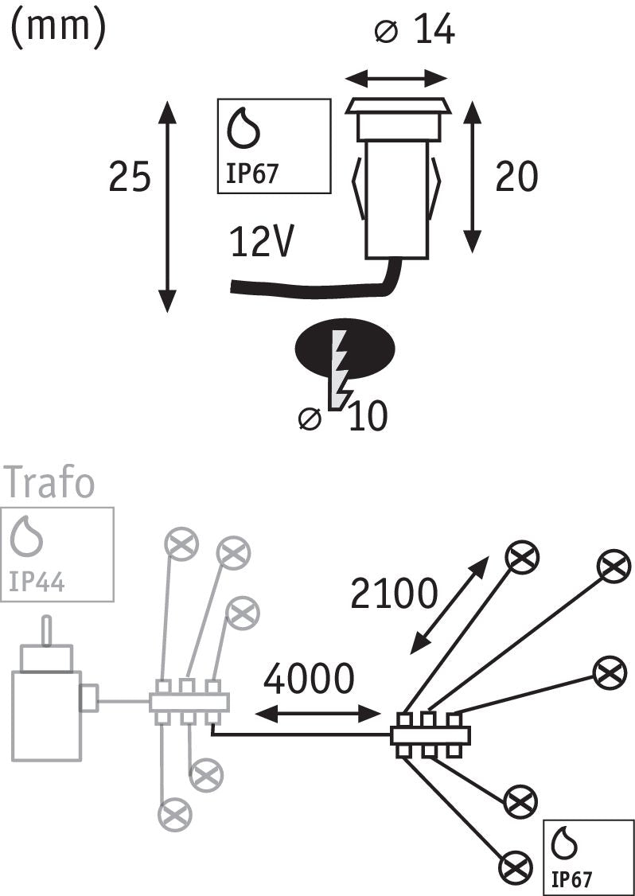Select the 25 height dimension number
pyautogui.click(x=130, y=177)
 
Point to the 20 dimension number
pyautogui.click(x=516, y=177)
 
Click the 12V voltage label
pyautogui.click(x=263, y=242)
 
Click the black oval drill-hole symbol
pyautogui.click(x=345, y=349)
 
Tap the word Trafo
pyautogui.click(x=49, y=483)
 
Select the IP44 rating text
pyautogui.click(x=37, y=582)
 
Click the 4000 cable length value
pyautogui.click(x=309, y=680)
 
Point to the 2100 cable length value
pyautogui.click(x=394, y=594)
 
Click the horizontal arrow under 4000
pyautogui.click(x=317, y=712)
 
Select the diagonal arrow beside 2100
pyautogui.click(x=450, y=605)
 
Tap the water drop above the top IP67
pyautogui.click(x=244, y=127)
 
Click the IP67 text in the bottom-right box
pyautogui.click(x=571, y=878)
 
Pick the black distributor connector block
pyautogui.click(x=430, y=735)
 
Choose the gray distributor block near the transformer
pyautogui.click(x=189, y=703)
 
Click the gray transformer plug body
pyautogui.click(x=46, y=715)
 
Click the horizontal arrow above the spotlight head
pyautogui.click(x=396, y=77)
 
